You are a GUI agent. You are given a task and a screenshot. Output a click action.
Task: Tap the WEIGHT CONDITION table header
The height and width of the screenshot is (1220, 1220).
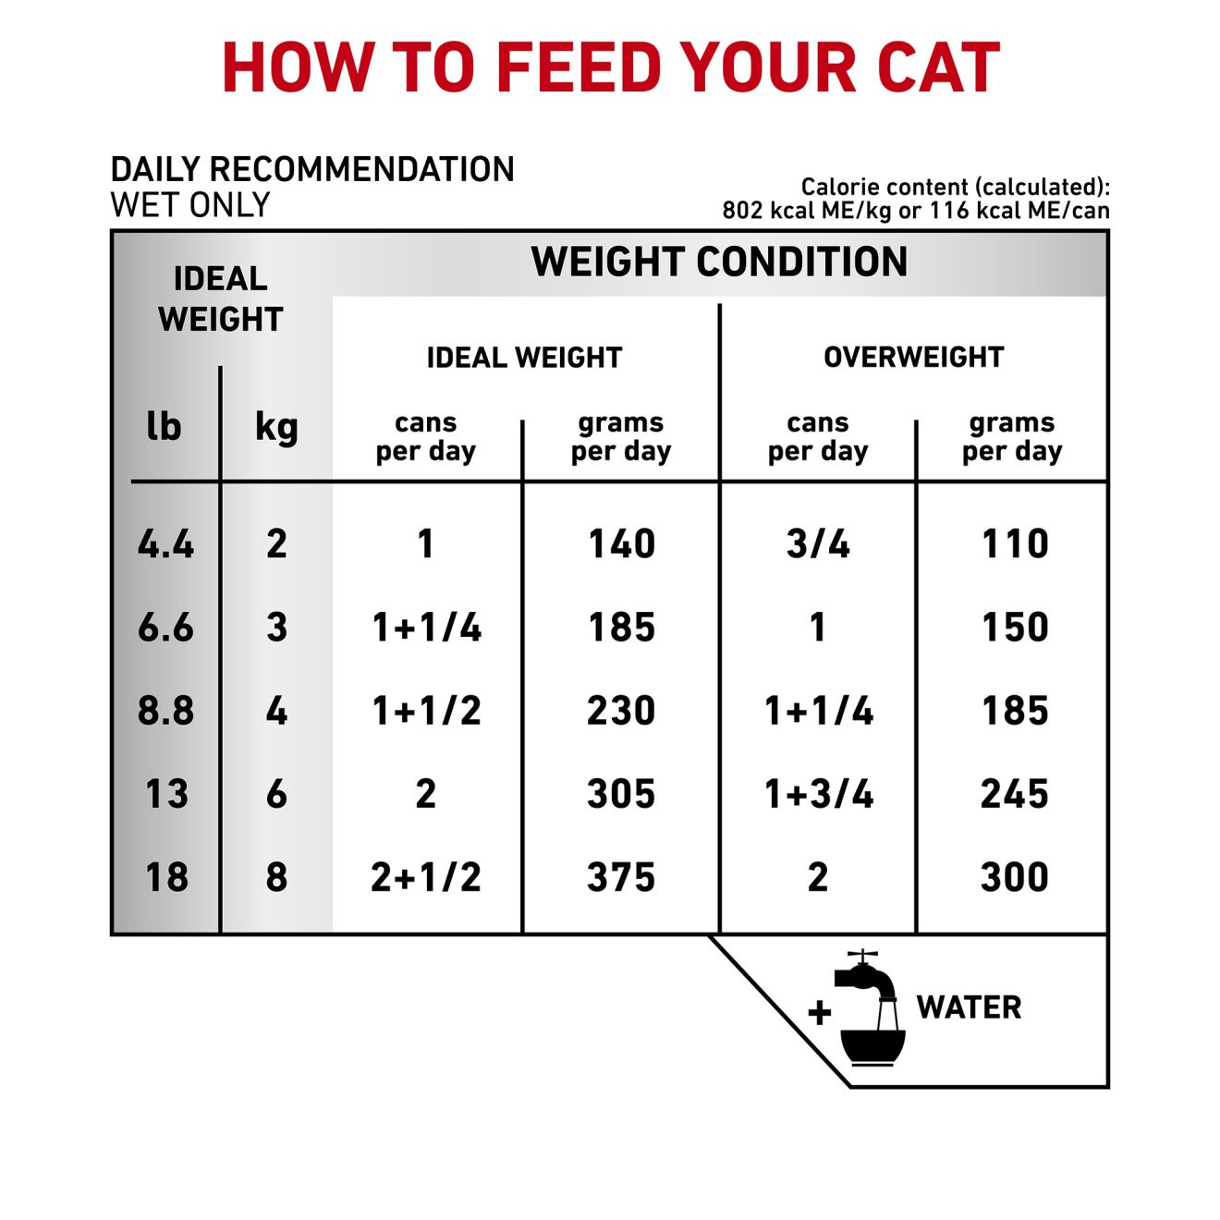click(x=719, y=262)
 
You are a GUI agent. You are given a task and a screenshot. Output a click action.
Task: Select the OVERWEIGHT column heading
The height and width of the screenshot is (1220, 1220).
click(x=913, y=357)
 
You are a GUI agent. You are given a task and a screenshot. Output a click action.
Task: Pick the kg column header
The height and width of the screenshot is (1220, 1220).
click(x=276, y=428)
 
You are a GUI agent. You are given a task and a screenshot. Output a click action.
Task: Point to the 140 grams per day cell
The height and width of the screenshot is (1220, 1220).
click(x=621, y=543)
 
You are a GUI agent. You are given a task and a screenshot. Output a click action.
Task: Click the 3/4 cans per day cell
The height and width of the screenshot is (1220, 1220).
click(x=818, y=543)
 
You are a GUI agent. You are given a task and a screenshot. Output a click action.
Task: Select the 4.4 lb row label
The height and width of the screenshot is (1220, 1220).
click(x=165, y=543)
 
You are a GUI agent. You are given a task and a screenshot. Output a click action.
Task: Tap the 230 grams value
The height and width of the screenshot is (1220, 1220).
click(x=621, y=711)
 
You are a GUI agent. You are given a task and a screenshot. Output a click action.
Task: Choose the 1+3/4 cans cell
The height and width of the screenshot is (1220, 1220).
click(x=819, y=794)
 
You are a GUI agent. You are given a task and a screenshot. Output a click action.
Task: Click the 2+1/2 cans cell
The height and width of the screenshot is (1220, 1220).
click(x=426, y=877)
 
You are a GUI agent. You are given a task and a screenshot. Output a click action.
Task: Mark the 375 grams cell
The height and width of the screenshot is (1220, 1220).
click(x=621, y=877)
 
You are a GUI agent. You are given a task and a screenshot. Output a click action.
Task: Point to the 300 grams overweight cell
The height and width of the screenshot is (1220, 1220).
click(x=1014, y=877)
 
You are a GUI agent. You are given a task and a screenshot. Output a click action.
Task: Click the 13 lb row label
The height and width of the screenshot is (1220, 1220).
click(x=166, y=794)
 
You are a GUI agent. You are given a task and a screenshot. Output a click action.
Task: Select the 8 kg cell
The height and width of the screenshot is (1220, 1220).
click(x=276, y=877)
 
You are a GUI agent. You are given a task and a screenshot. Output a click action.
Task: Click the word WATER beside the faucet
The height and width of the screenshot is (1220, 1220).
click(x=969, y=1007)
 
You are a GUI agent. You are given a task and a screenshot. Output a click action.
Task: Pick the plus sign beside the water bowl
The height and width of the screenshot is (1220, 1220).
click(x=819, y=1013)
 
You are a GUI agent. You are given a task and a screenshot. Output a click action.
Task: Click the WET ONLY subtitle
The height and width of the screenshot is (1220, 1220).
click(x=190, y=205)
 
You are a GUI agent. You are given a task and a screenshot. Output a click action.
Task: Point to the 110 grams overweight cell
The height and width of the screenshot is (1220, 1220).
click(x=1015, y=543)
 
